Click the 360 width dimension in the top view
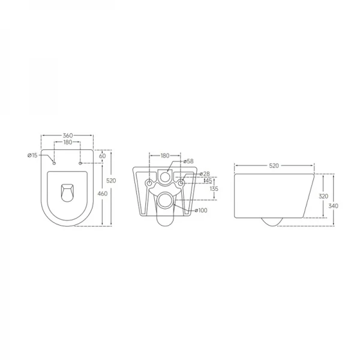pos(67,136)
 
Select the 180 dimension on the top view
pos(67,143)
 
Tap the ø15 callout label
pos(32,156)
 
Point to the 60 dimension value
pos(103,156)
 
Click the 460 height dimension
pos(103,193)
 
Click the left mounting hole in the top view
pos(54,163)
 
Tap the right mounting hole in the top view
pos(80,163)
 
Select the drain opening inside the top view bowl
pos(67,192)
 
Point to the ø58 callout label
pos(188,161)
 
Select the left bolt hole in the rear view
pos(149,181)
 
